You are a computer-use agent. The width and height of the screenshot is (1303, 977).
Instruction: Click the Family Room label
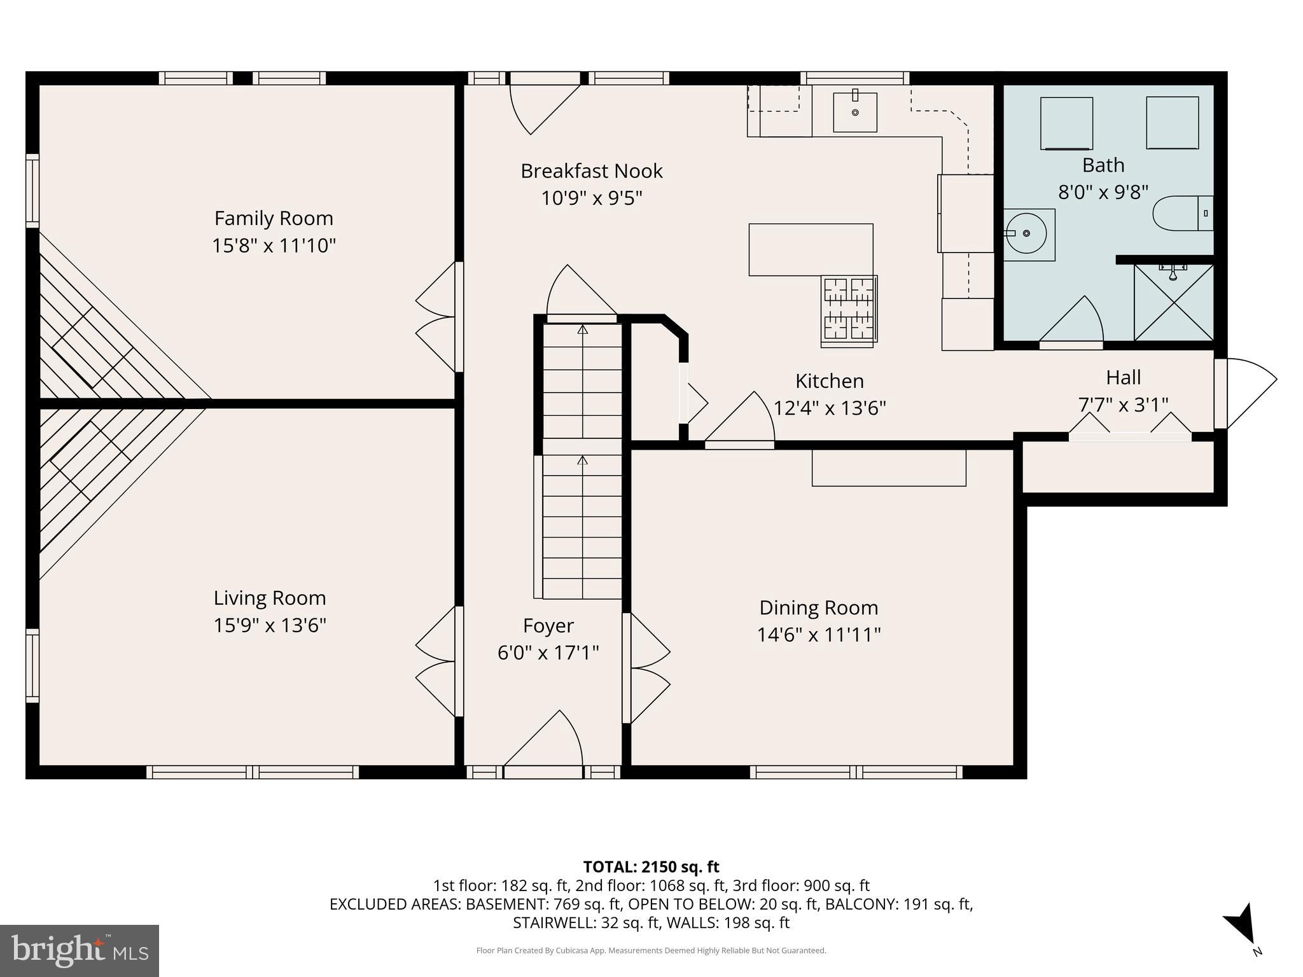tap(274, 218)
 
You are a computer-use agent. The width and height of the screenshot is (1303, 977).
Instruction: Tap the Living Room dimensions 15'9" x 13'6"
tap(270, 625)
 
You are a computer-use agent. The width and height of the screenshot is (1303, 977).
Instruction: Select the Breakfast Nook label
tap(591, 171)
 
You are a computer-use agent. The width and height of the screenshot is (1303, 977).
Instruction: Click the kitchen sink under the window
tap(855, 112)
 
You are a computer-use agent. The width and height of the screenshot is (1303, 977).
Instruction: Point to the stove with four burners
tap(849, 310)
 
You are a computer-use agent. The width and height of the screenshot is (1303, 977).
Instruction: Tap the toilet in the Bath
tap(1182, 213)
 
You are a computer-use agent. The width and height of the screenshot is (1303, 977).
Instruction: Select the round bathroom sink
tap(1027, 234)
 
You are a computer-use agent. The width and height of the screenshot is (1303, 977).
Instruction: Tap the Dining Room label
tap(818, 608)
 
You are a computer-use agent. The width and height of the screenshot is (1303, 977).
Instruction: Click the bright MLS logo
tap(80, 950)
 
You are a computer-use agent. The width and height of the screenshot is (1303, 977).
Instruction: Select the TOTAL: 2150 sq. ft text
tap(651, 867)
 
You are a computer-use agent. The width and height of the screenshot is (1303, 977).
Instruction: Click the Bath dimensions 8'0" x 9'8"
tap(1103, 192)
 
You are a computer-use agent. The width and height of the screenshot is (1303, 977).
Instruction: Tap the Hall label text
tap(1123, 378)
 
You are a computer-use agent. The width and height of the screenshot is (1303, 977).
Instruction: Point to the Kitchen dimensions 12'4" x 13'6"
tap(829, 408)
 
